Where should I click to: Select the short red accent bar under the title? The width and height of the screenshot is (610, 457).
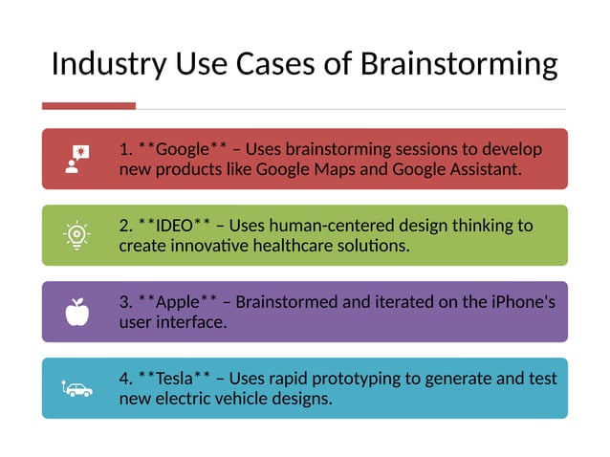click(x=89, y=106)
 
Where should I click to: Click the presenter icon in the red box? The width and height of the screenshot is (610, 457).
click(x=76, y=159)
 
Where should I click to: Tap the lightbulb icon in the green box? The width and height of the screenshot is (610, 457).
click(x=76, y=235)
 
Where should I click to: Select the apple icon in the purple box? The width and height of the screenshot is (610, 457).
click(x=76, y=312)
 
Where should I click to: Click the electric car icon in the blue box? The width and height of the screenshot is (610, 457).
click(x=76, y=389)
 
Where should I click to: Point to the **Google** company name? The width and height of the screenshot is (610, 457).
click(x=183, y=149)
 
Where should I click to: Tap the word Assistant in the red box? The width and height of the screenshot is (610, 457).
click(x=482, y=169)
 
